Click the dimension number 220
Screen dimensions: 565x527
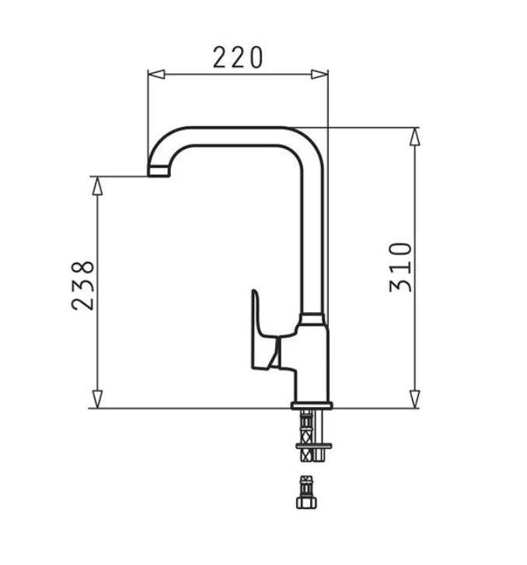coord(238,58)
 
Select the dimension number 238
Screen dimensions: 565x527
coord(84,285)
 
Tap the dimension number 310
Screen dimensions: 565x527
coord(401,267)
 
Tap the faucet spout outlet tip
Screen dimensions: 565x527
coord(158,170)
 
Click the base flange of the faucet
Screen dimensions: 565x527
coord(312,405)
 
